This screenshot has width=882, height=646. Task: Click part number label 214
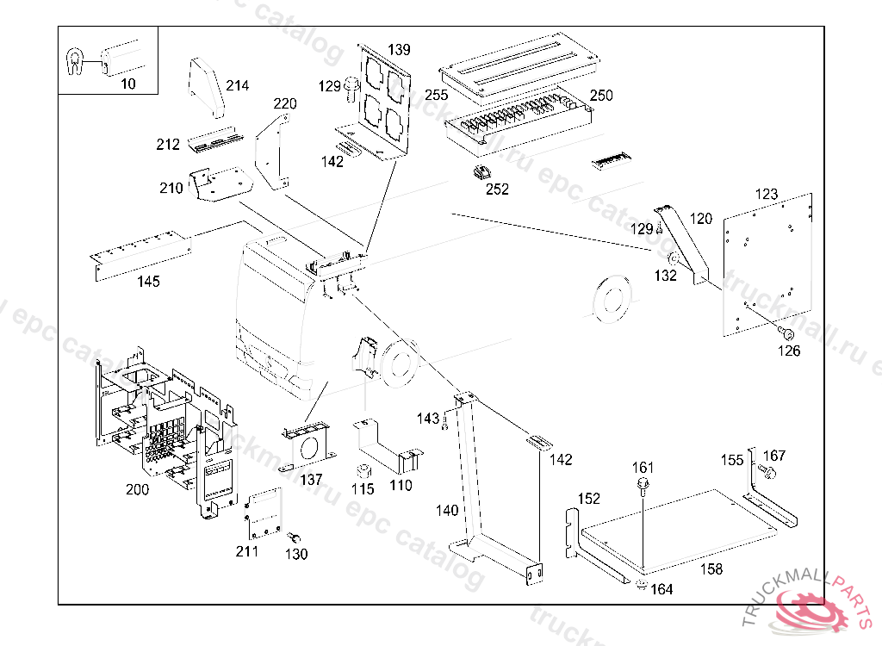237,85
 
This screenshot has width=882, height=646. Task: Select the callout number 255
437,95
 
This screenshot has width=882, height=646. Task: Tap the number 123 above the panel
766,195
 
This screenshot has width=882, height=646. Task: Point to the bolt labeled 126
786,332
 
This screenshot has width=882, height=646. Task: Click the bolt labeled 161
643,487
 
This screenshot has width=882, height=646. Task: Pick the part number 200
137,489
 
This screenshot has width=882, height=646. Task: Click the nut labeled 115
363,471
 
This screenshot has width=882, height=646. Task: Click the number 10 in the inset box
128,84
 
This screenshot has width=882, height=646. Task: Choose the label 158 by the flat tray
711,569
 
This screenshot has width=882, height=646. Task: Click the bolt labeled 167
768,472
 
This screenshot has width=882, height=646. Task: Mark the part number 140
447,511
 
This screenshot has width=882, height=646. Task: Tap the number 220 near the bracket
285,104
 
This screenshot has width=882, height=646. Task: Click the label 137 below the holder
311,479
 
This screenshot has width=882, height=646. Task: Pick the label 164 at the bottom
661,590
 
